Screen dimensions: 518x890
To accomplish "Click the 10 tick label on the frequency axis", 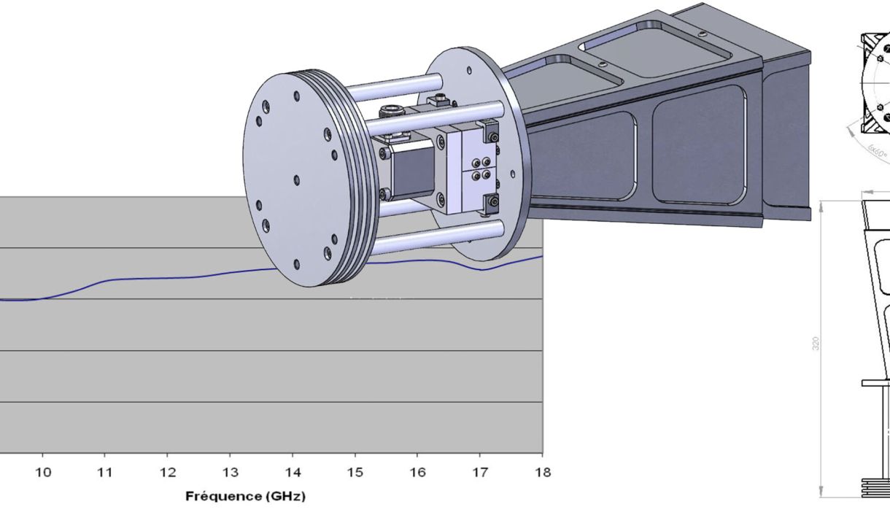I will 43,473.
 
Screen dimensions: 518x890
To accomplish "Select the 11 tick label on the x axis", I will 105,473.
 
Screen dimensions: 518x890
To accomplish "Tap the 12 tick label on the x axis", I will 168,473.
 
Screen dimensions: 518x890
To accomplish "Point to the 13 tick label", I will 230,473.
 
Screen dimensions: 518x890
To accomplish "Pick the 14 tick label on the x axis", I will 293,473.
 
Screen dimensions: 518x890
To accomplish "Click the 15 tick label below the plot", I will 355,473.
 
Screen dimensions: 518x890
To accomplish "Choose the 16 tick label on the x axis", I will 417,473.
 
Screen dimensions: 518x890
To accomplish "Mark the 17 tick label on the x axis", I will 480,473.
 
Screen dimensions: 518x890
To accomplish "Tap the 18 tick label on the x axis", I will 542,473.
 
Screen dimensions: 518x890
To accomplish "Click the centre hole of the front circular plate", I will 297,179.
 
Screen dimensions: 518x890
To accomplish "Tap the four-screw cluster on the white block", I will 481,169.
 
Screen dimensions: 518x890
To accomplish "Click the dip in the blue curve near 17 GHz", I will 481,270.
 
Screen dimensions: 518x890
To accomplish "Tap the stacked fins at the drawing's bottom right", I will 875,487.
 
